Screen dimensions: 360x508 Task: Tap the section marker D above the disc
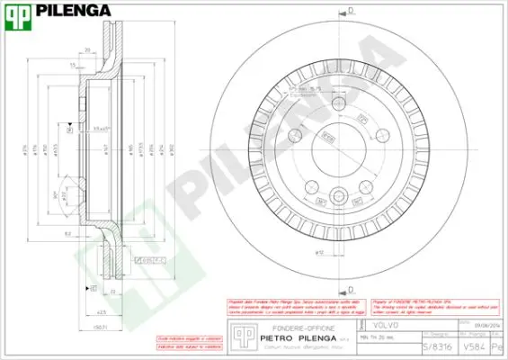(x=351, y=12)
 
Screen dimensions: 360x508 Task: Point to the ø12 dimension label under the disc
(x=319, y=253)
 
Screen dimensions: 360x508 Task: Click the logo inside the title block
(x=239, y=333)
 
